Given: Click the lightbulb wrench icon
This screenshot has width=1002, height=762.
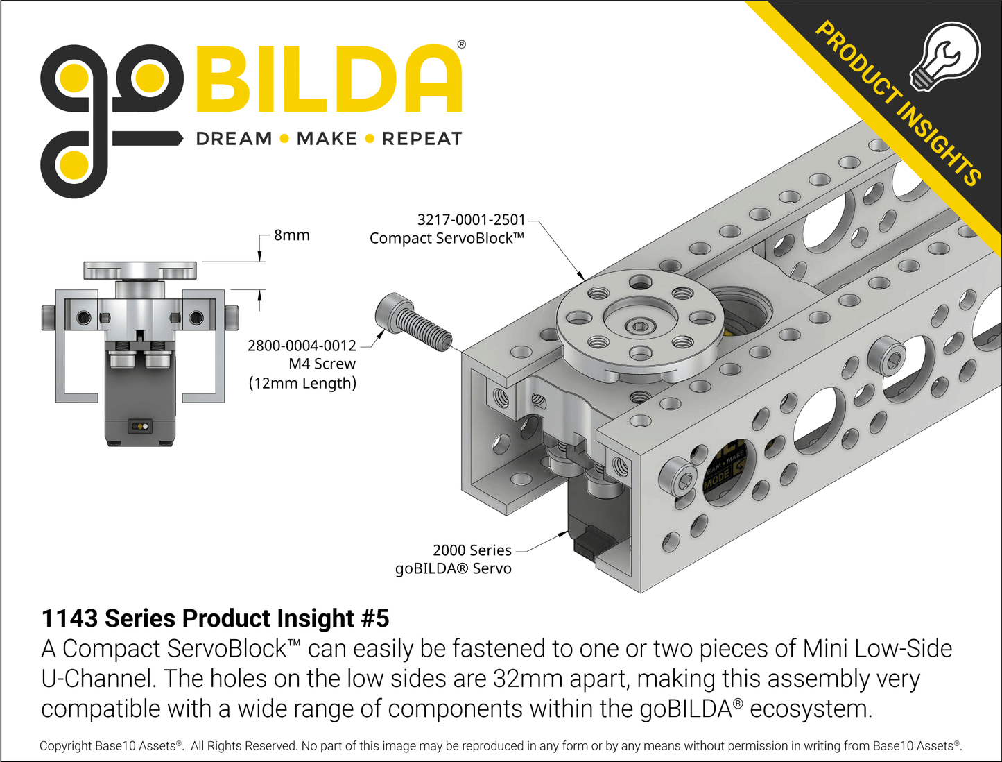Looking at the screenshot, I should pyautogui.click(x=945, y=56).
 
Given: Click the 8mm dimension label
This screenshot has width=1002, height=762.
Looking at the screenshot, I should pyautogui.click(x=291, y=235).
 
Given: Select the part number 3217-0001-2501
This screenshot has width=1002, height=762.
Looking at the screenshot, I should pyautogui.click(x=471, y=220).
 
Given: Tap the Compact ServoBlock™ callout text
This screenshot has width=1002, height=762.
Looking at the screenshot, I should pyautogui.click(x=447, y=239).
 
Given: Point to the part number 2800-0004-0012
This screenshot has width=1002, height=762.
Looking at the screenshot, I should pyautogui.click(x=302, y=346).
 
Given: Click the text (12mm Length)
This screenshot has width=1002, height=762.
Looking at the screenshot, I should pyautogui.click(x=302, y=383).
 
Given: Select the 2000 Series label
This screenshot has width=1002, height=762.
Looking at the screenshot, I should pyautogui.click(x=472, y=550).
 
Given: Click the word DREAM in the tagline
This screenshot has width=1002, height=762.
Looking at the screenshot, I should pyautogui.click(x=234, y=139).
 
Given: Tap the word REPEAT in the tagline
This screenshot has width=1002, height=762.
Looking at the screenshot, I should pyautogui.click(x=422, y=139).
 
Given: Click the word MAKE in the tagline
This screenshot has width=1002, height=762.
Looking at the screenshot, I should pyautogui.click(x=327, y=139).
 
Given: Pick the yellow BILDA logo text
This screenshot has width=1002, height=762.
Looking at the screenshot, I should pyautogui.click(x=329, y=80).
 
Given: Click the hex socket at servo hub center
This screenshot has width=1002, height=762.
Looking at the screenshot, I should pyautogui.click(x=637, y=325).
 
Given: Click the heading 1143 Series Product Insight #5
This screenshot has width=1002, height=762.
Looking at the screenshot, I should pyautogui.click(x=215, y=618).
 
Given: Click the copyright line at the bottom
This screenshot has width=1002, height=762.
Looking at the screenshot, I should pyautogui.click(x=500, y=746).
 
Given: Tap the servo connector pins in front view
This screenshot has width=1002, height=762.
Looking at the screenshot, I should pyautogui.click(x=141, y=426).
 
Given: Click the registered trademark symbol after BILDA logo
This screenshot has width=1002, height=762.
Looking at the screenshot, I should pyautogui.click(x=461, y=44).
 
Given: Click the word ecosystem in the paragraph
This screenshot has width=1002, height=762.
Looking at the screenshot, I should pyautogui.click(x=809, y=709).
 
